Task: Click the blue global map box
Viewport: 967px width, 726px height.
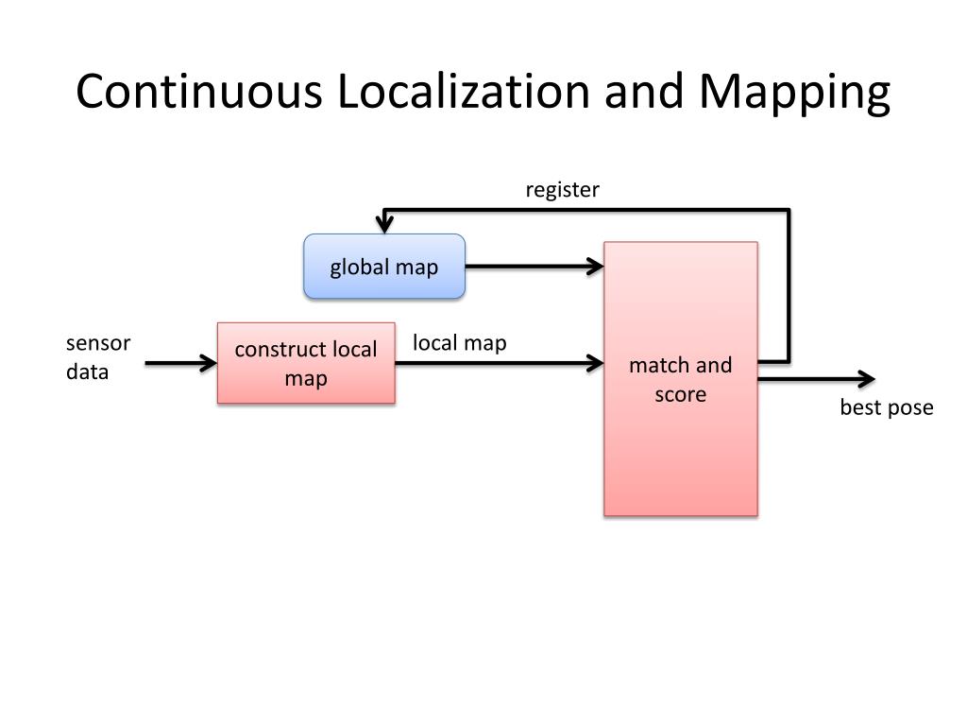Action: tap(383, 267)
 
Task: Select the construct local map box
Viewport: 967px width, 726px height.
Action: tap(306, 364)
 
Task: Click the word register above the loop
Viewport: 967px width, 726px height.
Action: tap(562, 190)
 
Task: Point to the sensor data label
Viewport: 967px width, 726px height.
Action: tap(97, 357)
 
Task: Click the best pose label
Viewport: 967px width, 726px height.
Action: tap(886, 407)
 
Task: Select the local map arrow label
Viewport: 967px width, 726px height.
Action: tap(459, 342)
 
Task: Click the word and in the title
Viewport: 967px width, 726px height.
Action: tap(644, 92)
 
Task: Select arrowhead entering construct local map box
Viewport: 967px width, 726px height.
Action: tap(209, 362)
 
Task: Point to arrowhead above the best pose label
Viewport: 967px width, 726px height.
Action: tap(866, 379)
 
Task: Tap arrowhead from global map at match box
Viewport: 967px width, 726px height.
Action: tap(595, 267)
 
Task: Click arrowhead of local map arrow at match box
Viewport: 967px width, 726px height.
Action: tap(595, 362)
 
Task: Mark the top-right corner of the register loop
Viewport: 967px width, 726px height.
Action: tap(789, 211)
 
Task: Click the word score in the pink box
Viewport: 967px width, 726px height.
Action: tap(680, 394)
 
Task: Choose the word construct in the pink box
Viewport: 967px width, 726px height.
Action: tap(279, 350)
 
